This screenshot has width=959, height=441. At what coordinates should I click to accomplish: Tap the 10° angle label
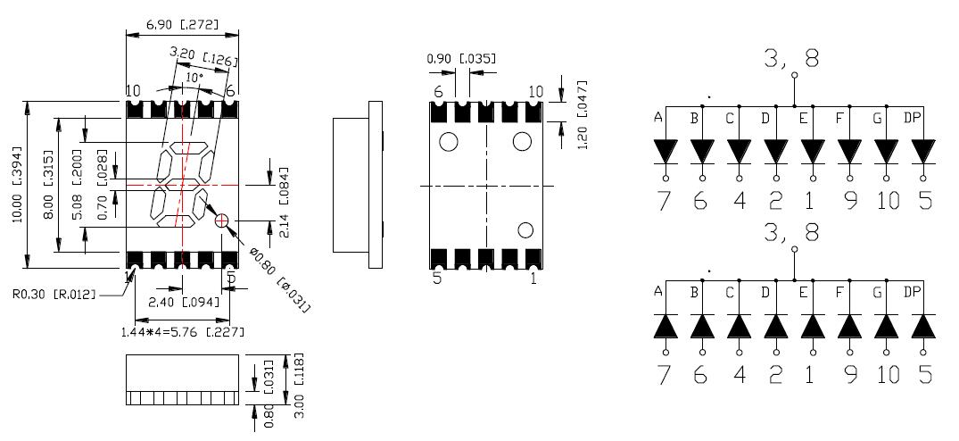[194, 79]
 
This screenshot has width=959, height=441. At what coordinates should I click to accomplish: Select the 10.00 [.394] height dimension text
[17, 186]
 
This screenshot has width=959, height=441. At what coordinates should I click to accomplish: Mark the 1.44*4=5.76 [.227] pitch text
[182, 332]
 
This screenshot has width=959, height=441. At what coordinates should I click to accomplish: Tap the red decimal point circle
[222, 220]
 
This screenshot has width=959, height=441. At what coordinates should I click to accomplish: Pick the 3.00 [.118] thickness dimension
[301, 386]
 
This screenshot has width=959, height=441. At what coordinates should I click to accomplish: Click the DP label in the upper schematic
[913, 118]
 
